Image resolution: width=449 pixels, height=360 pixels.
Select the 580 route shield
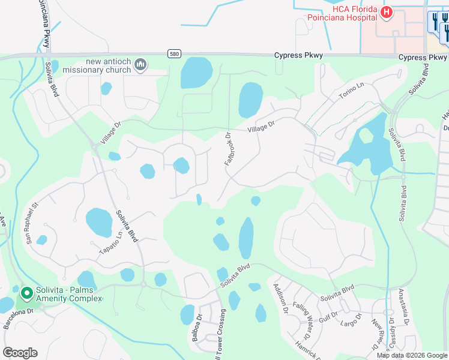tap(173, 53)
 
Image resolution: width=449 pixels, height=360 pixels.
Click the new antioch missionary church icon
tap(141, 64)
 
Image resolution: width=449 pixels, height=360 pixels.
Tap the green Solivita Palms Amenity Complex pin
tap(26, 293)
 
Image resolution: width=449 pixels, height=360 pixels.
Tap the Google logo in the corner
tap(20, 353)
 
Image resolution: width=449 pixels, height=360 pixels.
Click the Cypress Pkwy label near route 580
tap(298, 56)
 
